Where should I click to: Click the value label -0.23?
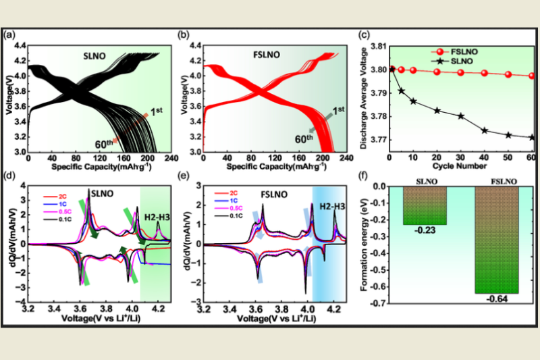[425, 231]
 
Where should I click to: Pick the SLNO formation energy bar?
[425, 205]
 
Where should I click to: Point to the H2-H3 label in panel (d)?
[156, 216]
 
